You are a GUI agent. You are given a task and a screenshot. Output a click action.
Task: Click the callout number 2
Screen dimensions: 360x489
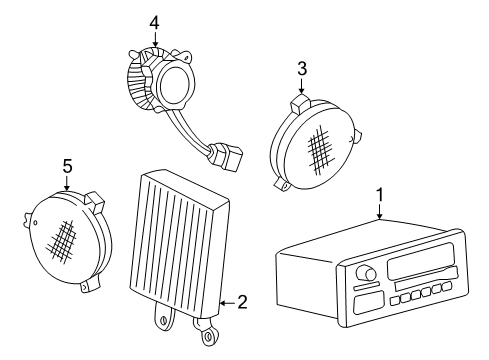coord(241,300)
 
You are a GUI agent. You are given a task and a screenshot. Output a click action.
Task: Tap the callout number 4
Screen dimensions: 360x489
coord(153,21)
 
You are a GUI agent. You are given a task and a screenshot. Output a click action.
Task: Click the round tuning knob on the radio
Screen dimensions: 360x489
coord(369,273)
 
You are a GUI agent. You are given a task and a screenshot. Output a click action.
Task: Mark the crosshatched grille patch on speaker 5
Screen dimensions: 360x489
coord(63,239)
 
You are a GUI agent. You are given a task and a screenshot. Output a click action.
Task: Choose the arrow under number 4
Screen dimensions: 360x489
coord(153,39)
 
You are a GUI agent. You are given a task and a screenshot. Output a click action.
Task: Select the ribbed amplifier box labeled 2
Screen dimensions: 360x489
coord(181,239)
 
